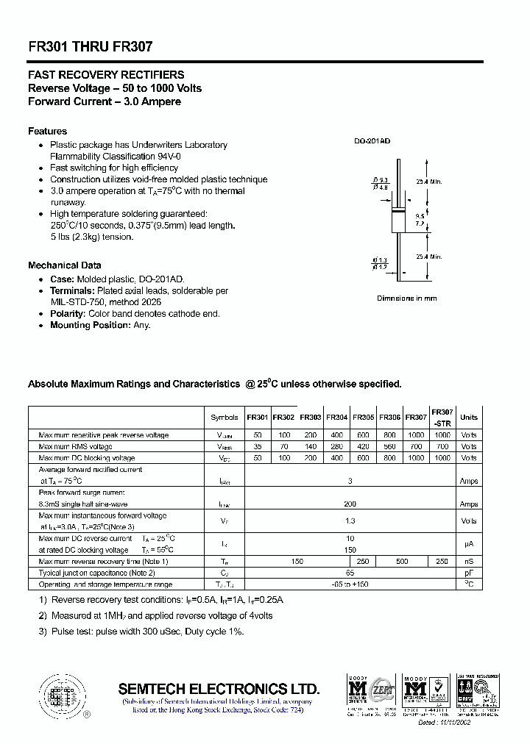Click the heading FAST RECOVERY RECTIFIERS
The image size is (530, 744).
click(106, 75)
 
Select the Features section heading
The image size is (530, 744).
click(47, 131)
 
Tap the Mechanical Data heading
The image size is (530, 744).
click(65, 265)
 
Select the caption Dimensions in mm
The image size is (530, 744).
click(407, 298)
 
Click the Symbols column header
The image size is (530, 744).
click(225, 418)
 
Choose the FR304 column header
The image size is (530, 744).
click(336, 418)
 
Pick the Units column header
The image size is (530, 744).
click(469, 418)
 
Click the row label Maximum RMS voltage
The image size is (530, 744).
click(76, 447)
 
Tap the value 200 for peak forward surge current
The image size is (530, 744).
click(350, 504)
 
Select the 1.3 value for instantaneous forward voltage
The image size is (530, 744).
click(350, 521)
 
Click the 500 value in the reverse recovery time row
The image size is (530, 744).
click(402, 562)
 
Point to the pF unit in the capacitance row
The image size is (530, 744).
click(469, 573)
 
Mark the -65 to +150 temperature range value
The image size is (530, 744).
click(350, 584)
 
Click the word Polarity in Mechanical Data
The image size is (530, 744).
click(68, 314)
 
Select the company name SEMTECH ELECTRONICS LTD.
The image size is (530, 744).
click(219, 689)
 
